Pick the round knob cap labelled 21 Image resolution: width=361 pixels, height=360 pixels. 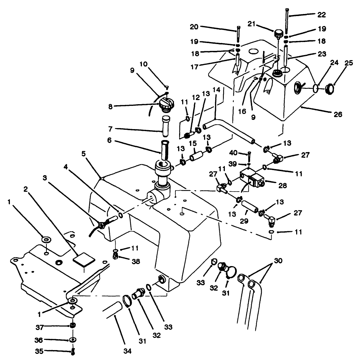point(279,33)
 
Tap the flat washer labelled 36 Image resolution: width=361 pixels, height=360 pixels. point(72,340)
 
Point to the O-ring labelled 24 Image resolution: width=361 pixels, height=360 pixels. point(316,89)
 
